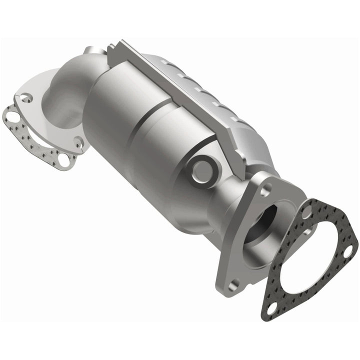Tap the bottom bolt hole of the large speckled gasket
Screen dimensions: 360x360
click(272, 306)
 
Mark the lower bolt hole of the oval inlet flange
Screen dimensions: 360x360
click(78, 143)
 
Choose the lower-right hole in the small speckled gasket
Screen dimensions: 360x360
click(63, 160)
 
